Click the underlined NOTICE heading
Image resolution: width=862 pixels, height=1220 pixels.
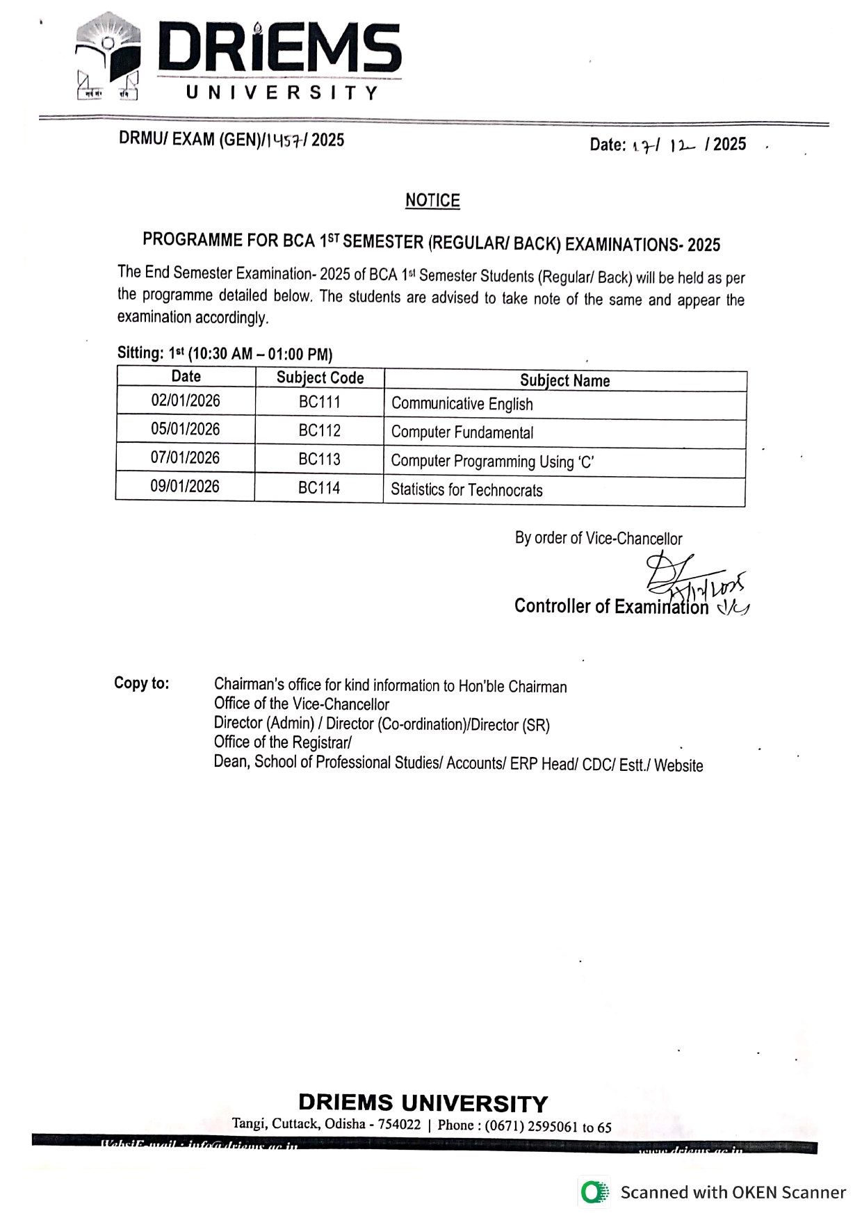pos(432,201)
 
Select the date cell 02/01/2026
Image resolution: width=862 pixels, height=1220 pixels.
pos(186,401)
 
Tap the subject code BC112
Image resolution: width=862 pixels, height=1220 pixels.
pos(320,431)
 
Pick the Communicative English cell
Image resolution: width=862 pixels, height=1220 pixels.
pos(462,404)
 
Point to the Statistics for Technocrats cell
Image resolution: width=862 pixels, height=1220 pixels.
pos(466,490)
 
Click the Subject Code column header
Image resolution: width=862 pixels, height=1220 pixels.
pos(320,377)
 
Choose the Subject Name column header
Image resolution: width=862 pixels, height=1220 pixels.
pos(564,381)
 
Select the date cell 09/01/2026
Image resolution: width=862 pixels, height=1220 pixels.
pos(185,487)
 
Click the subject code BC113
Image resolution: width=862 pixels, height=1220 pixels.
pos(319,459)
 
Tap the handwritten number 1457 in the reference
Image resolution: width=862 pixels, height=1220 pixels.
pos(284,140)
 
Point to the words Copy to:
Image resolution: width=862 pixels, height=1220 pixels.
pos(142,683)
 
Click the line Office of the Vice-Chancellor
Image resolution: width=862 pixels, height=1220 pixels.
pos(301,704)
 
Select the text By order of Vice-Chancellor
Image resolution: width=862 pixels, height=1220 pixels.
pos(599,539)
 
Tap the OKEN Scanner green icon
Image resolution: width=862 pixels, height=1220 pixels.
pos(594,1193)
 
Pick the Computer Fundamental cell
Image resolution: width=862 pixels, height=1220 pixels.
pos(462,432)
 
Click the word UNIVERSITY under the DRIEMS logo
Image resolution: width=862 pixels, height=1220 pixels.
pos(282,92)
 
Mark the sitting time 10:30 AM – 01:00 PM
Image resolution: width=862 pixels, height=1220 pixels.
pos(261,354)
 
